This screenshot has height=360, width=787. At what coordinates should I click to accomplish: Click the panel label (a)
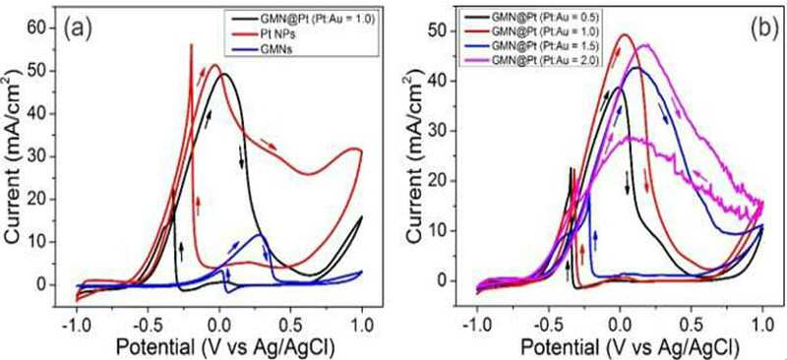77,30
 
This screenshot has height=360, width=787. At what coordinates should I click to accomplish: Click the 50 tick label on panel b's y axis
436,31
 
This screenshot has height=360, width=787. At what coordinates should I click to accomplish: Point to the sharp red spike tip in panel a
191,44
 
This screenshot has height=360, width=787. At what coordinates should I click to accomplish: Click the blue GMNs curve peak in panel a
260,234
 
